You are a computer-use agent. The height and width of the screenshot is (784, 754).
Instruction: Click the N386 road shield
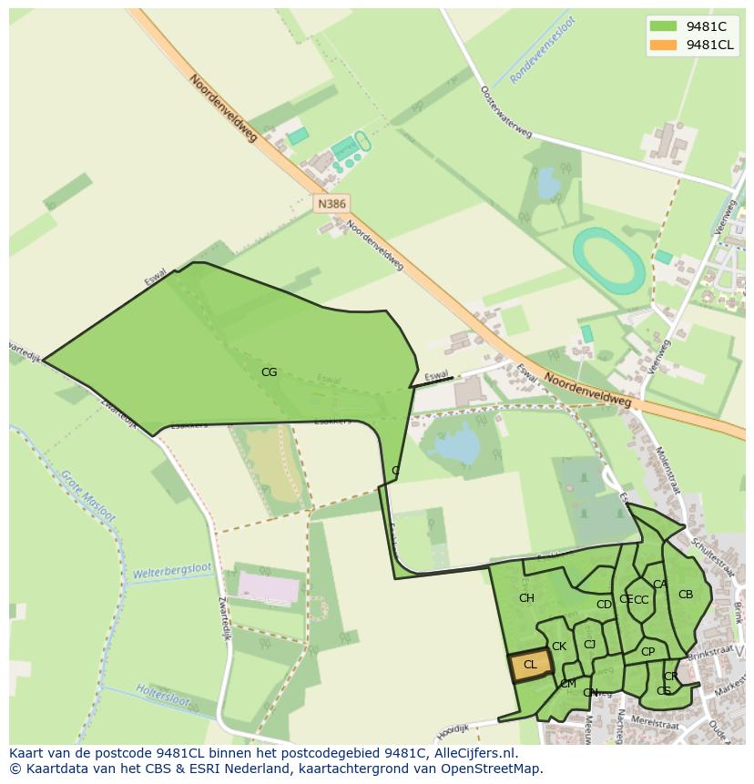point(331,204)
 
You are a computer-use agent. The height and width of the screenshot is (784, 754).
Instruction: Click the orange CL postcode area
point(530,666)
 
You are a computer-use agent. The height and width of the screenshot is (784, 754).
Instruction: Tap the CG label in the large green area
point(269,372)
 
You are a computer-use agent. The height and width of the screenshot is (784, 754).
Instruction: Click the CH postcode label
point(526,598)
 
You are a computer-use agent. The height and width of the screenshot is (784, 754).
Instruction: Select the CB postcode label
point(686,595)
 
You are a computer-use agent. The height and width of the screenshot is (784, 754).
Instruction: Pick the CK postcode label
point(559,647)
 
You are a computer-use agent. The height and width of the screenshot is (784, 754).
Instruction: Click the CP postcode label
point(647,652)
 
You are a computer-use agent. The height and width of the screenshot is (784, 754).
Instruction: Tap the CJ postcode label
point(589,645)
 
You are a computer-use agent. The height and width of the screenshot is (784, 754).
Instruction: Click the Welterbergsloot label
point(171,572)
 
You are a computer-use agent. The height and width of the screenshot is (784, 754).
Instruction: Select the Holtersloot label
point(162,696)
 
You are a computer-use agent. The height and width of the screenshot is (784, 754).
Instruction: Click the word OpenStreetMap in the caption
point(495,769)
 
